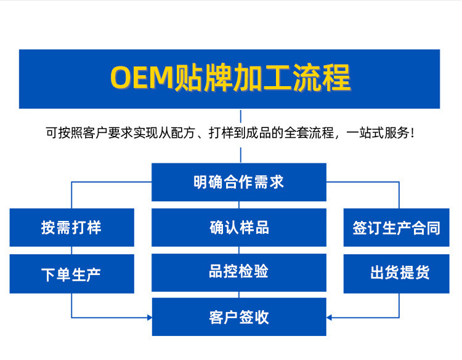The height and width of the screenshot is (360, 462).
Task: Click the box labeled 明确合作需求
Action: point(239,182)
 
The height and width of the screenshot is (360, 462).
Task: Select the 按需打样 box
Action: point(72,228)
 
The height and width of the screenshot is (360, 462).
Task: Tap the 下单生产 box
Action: point(72,274)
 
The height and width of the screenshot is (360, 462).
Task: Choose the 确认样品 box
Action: point(239,228)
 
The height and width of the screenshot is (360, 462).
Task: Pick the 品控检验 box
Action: point(239,273)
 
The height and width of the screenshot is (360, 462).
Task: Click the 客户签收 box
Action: point(239,317)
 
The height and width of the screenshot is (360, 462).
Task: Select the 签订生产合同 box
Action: point(396,228)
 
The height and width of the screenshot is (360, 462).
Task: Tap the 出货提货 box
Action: point(396,274)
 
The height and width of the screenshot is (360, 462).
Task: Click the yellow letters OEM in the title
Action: point(142,78)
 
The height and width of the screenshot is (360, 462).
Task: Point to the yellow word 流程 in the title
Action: point(322,78)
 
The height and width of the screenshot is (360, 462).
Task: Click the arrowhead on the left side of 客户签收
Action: point(150,318)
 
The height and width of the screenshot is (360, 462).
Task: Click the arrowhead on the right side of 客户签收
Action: point(329,318)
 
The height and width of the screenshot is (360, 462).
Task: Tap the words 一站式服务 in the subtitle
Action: point(378,133)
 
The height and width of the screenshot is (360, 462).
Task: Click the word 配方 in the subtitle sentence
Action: point(184,133)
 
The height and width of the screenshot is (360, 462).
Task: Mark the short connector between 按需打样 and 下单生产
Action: point(71,250)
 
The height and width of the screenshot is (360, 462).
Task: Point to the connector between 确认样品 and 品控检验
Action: point(239,250)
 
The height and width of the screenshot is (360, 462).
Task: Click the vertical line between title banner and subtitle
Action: point(241,116)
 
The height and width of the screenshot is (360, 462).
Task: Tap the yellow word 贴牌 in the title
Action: point(203,78)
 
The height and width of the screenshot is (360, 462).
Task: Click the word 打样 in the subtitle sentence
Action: point(221,133)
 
